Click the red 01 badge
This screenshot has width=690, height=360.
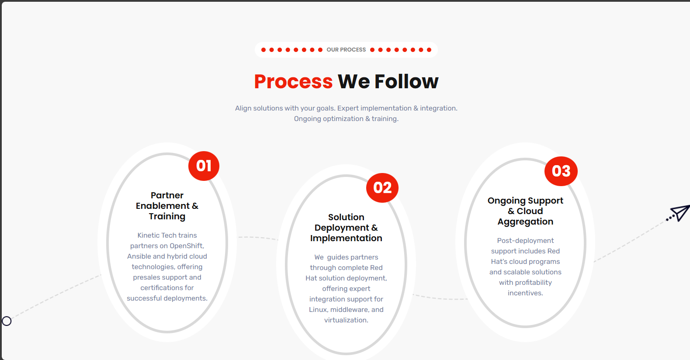pyautogui.click(x=204, y=166)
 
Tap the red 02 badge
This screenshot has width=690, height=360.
pyautogui.click(x=382, y=188)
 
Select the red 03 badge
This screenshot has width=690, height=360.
pyautogui.click(x=561, y=171)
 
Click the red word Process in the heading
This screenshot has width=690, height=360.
pyautogui.click(x=293, y=82)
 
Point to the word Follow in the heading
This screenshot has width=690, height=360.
pyautogui.click(x=406, y=82)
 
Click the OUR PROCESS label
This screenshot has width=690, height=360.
pyautogui.click(x=346, y=50)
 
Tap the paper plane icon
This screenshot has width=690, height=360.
pyautogui.click(x=678, y=213)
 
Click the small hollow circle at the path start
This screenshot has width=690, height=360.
pyautogui.click(x=7, y=321)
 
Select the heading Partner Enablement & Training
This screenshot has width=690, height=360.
pyautogui.click(x=167, y=206)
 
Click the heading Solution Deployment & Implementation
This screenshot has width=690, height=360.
pyautogui.click(x=346, y=228)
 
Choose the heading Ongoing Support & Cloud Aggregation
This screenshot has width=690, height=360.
pyautogui.click(x=525, y=211)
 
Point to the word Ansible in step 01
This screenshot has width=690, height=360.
pyautogui.click(x=139, y=256)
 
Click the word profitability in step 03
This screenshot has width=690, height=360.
pyautogui.click(x=534, y=283)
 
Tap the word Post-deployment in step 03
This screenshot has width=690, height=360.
pyautogui.click(x=525, y=241)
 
